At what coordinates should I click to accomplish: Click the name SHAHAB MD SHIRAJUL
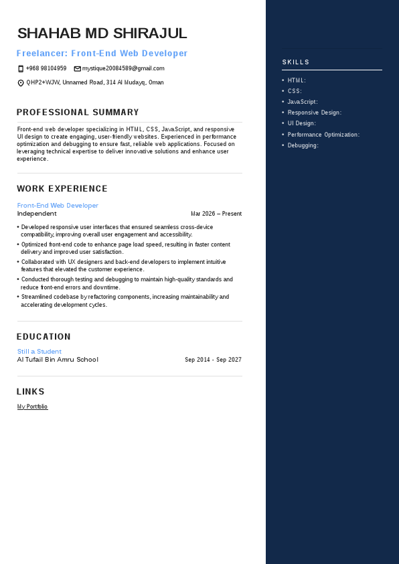click(102, 33)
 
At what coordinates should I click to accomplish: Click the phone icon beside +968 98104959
click(21, 68)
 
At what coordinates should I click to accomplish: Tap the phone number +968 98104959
click(46, 68)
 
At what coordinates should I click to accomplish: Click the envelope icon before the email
click(77, 68)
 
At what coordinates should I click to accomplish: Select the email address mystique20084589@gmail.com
click(123, 68)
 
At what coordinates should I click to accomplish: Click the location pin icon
click(21, 83)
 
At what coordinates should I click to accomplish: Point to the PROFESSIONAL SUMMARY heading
click(78, 113)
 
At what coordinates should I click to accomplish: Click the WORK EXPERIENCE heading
click(62, 189)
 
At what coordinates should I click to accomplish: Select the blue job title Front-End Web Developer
click(58, 206)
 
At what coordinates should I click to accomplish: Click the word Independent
click(37, 214)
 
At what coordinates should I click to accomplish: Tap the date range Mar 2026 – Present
click(216, 214)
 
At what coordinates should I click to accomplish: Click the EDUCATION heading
click(44, 337)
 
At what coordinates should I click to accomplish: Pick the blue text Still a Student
click(39, 352)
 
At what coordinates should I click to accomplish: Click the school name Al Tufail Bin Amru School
click(58, 360)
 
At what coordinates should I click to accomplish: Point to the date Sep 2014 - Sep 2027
click(213, 360)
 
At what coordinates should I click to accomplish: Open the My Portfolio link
click(32, 407)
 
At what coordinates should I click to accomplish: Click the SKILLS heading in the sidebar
click(296, 62)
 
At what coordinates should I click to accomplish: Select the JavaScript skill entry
click(303, 102)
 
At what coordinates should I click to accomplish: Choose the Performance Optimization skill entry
click(323, 135)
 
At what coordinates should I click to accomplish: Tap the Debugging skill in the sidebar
click(303, 145)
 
